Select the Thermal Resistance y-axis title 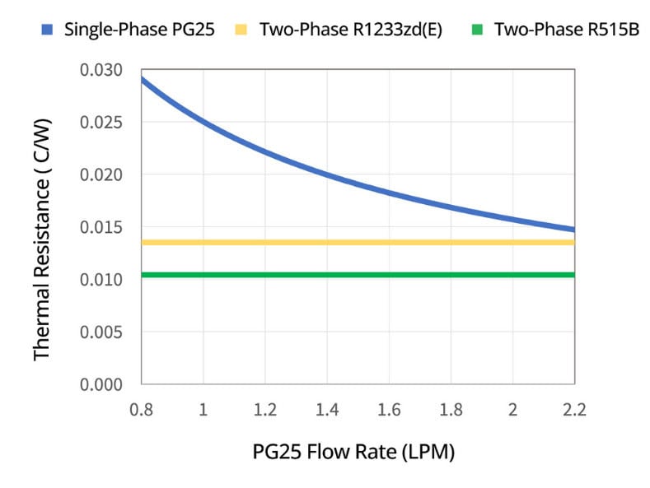[x=42, y=226]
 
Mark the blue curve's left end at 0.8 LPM [x=143, y=79]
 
